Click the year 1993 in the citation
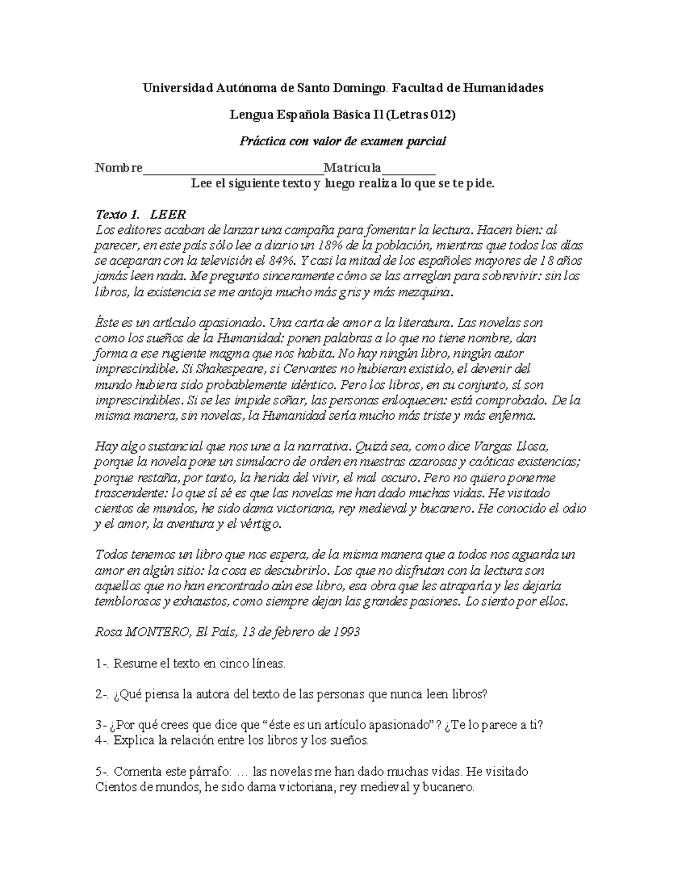point(346,632)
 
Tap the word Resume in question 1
point(134,664)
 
